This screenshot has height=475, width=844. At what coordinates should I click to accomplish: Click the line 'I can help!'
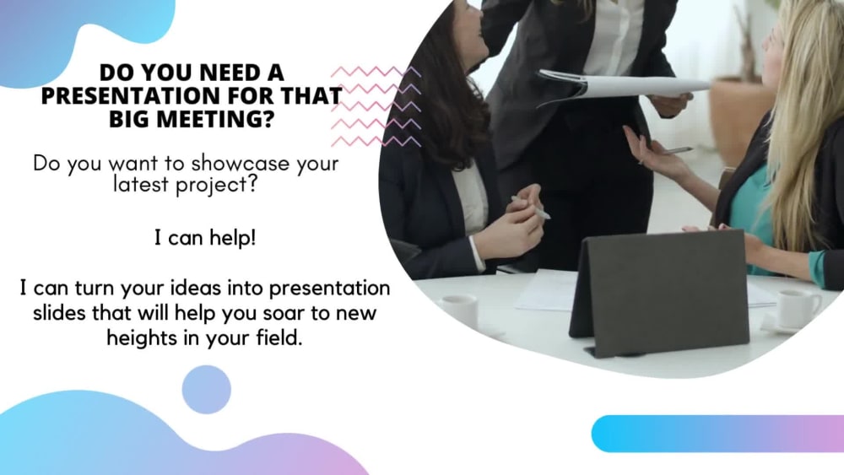(x=205, y=239)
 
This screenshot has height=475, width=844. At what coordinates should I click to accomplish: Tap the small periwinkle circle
(x=206, y=390)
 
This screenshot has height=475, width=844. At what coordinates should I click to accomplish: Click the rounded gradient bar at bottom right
(x=717, y=434)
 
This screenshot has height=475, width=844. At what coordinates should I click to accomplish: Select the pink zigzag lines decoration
(x=375, y=106)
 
